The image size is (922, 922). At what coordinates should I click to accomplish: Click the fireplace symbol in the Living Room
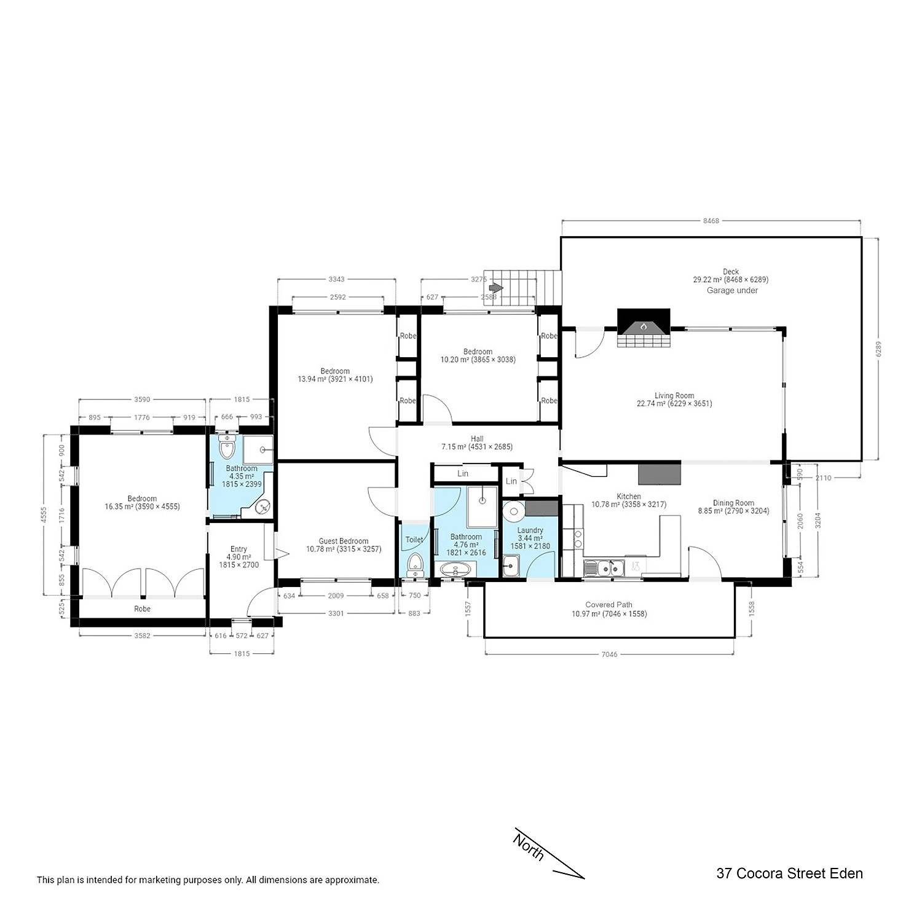pyautogui.click(x=644, y=328)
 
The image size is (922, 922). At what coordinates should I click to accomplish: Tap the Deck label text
pyautogui.click(x=731, y=272)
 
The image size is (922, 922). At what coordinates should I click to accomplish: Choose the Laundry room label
pyautogui.click(x=530, y=530)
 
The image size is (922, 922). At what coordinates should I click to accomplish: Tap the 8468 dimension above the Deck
pyautogui.click(x=711, y=221)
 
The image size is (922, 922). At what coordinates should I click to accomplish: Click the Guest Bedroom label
pyautogui.click(x=344, y=542)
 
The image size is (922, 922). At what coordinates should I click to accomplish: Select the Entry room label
pyautogui.click(x=238, y=549)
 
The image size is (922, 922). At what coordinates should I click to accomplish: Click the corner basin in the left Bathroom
pyautogui.click(x=262, y=506)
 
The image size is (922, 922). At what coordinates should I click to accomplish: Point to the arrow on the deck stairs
pyautogui.click(x=497, y=288)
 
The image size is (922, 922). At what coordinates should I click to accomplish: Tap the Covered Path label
pyautogui.click(x=609, y=605)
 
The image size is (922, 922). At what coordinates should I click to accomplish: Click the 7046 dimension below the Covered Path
pyautogui.click(x=609, y=655)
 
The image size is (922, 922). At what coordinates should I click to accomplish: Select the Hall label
pyautogui.click(x=477, y=439)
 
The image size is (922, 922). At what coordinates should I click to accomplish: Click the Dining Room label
pyautogui.click(x=733, y=503)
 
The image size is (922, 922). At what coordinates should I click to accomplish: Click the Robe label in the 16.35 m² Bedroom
pyautogui.click(x=142, y=609)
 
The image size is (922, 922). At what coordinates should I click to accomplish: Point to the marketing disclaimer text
pyautogui.click(x=208, y=880)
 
